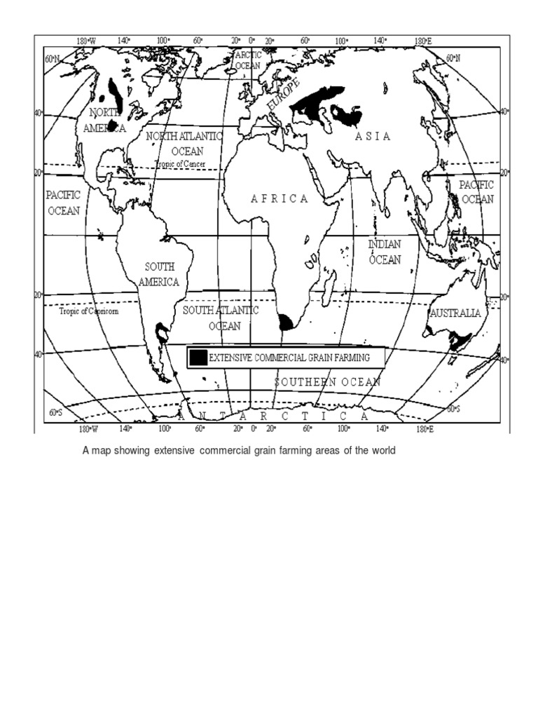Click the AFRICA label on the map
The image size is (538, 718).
[x=280, y=198]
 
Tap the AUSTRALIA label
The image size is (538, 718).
[x=456, y=313]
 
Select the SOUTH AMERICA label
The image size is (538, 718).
[x=159, y=274]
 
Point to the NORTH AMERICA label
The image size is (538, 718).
[x=104, y=120]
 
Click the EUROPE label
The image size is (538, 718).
[x=283, y=94]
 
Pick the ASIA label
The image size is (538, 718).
[x=372, y=136]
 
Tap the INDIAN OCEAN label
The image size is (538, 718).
[x=385, y=252]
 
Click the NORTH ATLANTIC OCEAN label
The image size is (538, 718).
[x=184, y=143]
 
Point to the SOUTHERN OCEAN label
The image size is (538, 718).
[x=327, y=382]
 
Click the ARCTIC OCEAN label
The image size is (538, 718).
[x=247, y=60]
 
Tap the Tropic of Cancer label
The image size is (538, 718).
[x=180, y=163]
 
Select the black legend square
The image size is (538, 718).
[x=199, y=358]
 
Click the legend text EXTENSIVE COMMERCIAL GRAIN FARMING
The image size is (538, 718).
[x=289, y=358]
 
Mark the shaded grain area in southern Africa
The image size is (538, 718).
[x=286, y=323]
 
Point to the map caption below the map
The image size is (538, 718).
[x=239, y=450]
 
